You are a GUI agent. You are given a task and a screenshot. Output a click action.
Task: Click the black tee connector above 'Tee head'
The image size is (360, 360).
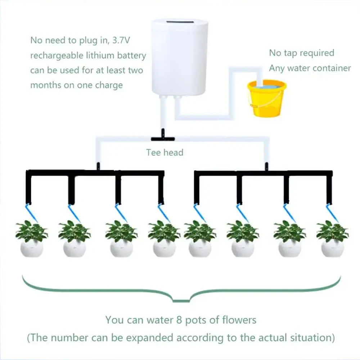pyautogui.click(x=162, y=138)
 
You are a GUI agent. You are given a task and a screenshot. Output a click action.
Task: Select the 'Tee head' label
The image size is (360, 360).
pyautogui.click(x=165, y=152)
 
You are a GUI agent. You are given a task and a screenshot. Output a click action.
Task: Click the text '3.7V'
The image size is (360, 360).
pyautogui.click(x=123, y=40)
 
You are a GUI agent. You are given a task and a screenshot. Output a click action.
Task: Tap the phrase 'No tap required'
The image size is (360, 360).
pyautogui.click(x=302, y=53)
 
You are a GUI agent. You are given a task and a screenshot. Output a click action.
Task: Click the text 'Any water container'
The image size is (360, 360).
pyautogui.click(x=310, y=68)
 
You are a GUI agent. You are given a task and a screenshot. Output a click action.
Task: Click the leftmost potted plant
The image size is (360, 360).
pyautogui.click(x=32, y=239)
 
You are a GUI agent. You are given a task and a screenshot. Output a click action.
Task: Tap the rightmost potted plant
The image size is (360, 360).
pyautogui.click(x=332, y=239)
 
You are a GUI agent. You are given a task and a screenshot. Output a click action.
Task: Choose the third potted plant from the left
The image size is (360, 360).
pyautogui.click(x=121, y=239)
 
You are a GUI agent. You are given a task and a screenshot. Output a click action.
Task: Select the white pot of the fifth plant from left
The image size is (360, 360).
pyautogui.click(x=200, y=249)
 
